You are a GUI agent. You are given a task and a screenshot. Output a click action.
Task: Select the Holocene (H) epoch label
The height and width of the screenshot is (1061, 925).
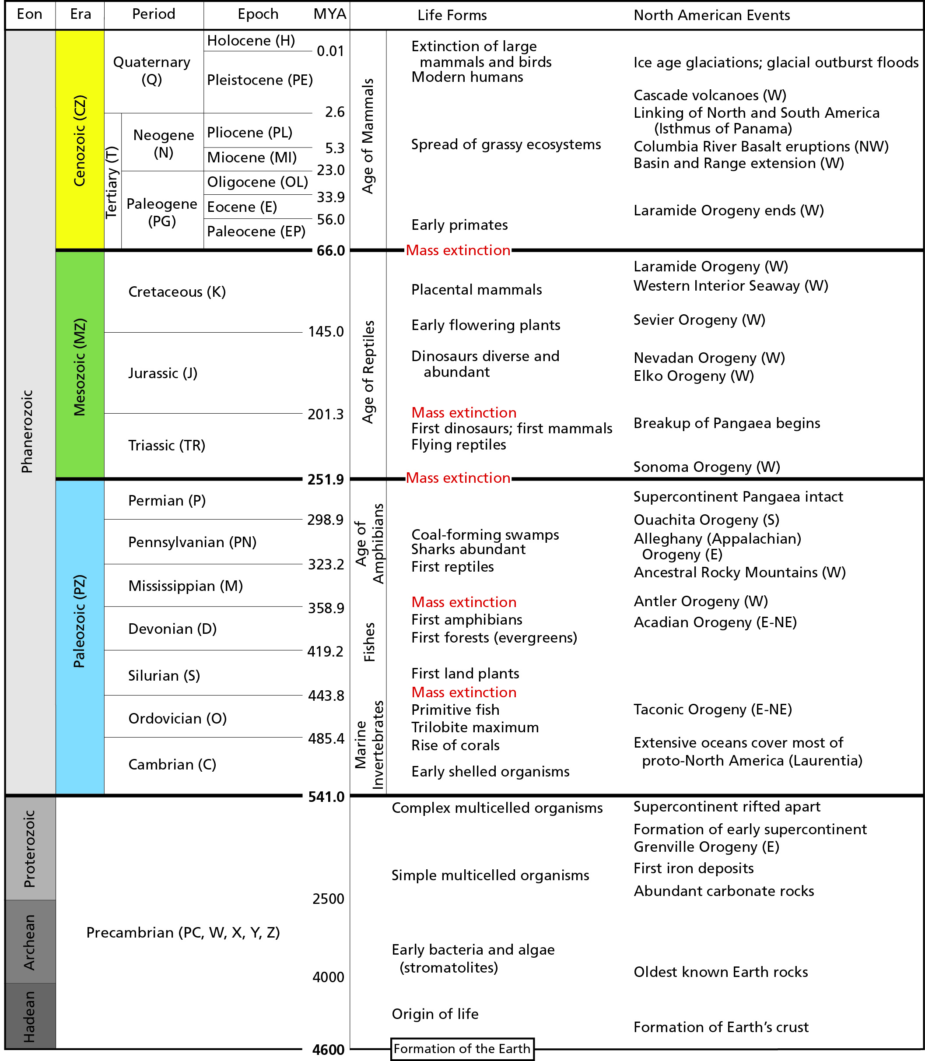[x=251, y=41]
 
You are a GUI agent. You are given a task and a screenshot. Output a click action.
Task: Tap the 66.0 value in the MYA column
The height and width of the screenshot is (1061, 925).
[x=330, y=251]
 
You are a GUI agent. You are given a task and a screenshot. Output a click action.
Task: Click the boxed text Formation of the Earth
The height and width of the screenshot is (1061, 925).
[x=462, y=1049]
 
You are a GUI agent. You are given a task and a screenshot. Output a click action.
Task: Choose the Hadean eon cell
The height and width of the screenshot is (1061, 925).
[x=30, y=1016]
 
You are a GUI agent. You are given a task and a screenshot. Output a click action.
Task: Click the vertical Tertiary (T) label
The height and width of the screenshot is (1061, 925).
[x=112, y=182]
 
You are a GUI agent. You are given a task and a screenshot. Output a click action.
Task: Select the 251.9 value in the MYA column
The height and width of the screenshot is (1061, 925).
[x=325, y=480]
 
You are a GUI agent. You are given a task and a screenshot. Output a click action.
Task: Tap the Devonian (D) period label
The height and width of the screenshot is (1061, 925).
[x=172, y=629]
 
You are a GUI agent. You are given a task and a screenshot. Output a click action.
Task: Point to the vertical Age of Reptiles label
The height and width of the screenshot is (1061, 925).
[x=368, y=372]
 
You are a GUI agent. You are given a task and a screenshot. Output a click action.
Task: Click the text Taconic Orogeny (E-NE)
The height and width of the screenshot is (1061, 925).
[x=712, y=710]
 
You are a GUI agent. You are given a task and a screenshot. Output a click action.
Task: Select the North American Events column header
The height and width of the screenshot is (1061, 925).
[x=711, y=15]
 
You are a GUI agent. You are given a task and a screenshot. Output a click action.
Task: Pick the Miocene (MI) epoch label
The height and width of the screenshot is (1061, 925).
[x=252, y=158]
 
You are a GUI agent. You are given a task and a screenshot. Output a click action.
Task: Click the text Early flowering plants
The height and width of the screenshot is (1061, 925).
[x=485, y=325]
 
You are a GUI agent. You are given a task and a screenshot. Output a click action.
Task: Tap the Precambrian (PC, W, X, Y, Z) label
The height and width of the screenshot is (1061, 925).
[x=183, y=932]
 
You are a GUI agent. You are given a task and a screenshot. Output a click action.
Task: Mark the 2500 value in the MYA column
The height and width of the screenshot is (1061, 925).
[x=328, y=899]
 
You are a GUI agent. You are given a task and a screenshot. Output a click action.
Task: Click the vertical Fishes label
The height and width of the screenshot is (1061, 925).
[x=369, y=642]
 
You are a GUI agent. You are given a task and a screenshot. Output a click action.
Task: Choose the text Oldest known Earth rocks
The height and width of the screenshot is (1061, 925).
[x=721, y=972]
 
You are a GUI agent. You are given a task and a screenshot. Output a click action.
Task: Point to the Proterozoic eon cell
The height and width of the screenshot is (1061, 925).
[x=30, y=848]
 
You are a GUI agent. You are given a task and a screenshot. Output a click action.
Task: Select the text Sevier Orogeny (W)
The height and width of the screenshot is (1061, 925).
[x=699, y=320]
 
